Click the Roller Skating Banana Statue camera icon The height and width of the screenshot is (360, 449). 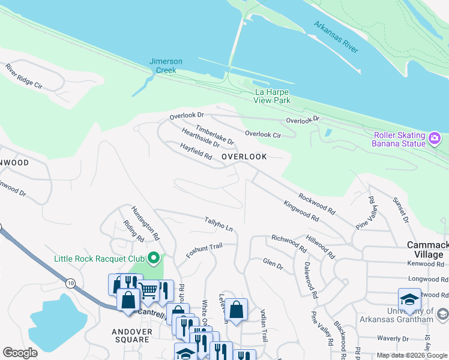[435, 139]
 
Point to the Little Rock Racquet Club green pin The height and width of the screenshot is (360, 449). [154, 259]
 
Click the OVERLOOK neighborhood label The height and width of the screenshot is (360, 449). [244, 157]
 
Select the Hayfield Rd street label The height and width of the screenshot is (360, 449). [196, 151]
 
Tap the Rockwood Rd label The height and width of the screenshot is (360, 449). [316, 203]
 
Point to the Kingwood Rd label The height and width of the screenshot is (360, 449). [300, 211]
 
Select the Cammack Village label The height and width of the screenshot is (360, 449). [427, 250]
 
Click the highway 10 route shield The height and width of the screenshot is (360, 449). [71, 282]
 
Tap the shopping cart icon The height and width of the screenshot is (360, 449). [148, 290]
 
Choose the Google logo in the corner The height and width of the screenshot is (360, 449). [20, 353]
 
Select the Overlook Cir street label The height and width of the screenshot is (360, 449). [262, 135]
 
